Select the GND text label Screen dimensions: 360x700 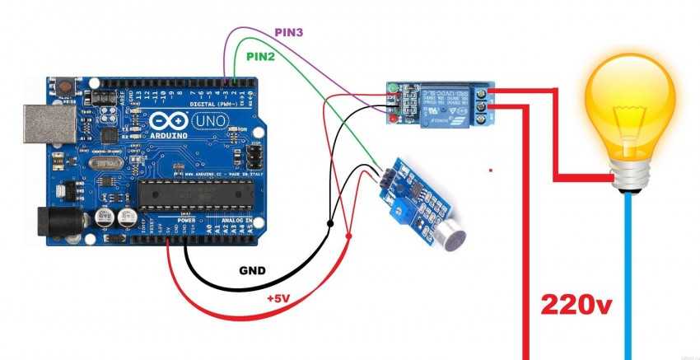[251, 270]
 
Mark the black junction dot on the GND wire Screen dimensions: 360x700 [330, 223]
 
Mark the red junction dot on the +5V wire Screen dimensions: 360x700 [349, 237]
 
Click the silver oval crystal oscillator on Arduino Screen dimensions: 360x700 [107, 164]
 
